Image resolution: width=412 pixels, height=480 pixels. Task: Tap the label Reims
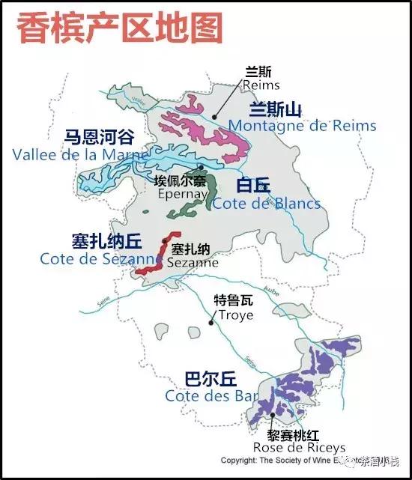click(x=260, y=85)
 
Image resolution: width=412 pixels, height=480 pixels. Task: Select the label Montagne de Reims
click(x=302, y=125)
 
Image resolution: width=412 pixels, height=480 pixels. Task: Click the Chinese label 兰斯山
click(x=276, y=109)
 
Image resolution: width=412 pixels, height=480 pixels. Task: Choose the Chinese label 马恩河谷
click(x=98, y=137)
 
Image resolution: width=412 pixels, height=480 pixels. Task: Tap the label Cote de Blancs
click(x=266, y=203)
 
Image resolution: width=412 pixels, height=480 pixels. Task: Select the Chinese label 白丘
click(x=252, y=186)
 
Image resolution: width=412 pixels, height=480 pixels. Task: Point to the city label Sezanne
click(x=193, y=263)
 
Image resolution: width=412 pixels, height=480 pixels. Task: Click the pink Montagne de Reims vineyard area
click(x=213, y=135)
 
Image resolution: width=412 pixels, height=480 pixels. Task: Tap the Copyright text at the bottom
click(x=300, y=461)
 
